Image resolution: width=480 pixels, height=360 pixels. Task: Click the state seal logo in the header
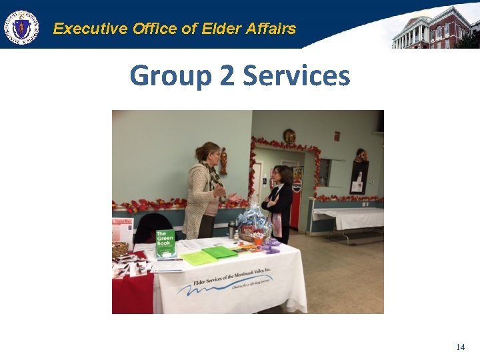pos(22,28)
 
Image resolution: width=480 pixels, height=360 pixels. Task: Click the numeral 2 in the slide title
pos(227,76)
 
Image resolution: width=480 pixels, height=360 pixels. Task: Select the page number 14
pos(460,347)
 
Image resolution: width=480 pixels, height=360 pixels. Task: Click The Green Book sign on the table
pos(165,243)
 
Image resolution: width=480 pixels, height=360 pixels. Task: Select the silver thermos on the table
pos(232,230)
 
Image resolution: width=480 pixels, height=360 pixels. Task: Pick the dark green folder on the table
pos(220,252)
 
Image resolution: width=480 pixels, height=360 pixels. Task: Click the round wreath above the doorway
pos(289,137)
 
